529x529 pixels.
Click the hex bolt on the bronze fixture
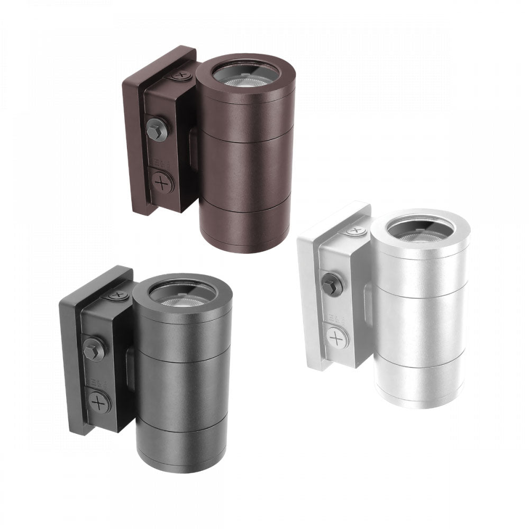point(157,129)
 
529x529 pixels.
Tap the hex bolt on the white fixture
point(332,285)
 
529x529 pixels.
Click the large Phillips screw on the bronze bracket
point(162,183)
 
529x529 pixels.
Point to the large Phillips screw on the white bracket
point(335,336)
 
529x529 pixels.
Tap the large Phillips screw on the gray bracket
point(99,403)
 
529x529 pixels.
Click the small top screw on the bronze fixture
point(181,75)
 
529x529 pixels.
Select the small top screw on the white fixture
point(355,231)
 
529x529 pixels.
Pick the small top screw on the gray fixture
point(117,295)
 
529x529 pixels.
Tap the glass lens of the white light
point(419,232)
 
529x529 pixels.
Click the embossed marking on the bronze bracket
point(157,160)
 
